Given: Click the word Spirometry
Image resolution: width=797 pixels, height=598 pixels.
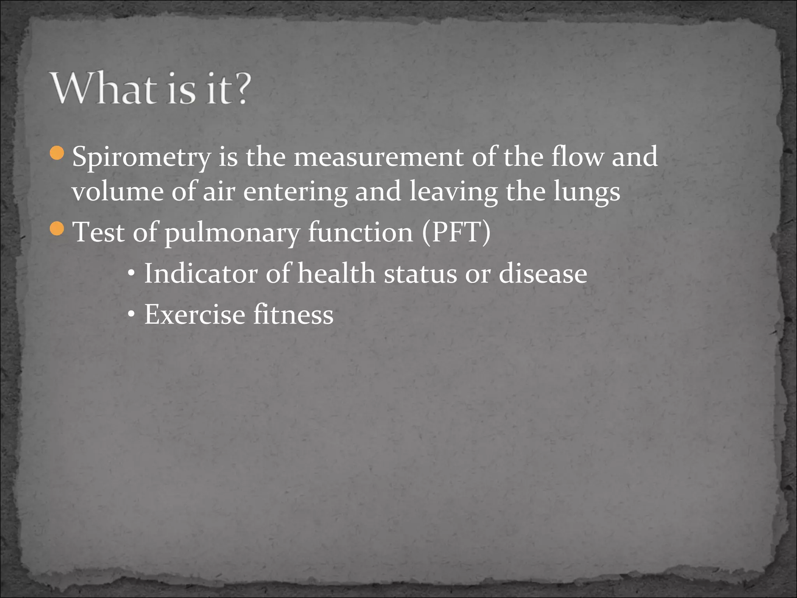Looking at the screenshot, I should [141, 157].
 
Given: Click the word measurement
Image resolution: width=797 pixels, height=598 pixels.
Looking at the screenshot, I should [379, 157].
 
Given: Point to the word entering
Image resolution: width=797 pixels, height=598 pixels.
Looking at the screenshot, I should [295, 192].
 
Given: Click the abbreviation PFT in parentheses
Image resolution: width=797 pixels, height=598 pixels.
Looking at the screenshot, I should [456, 232].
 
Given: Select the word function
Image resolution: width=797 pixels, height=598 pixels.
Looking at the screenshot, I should [360, 232].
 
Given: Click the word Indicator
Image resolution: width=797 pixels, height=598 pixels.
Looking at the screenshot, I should [201, 273].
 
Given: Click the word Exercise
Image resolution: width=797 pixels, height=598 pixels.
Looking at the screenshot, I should [195, 314].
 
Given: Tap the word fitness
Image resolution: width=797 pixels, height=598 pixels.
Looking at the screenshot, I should [293, 314].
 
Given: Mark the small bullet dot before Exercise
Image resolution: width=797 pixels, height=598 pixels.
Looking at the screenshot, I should [132, 314].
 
